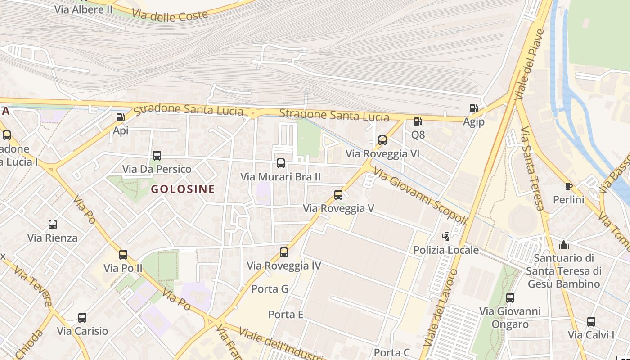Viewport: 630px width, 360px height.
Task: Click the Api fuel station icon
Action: pos(120,117)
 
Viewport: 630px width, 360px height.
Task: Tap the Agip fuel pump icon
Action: pos(473,108)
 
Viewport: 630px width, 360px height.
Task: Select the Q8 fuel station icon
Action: pos(418,121)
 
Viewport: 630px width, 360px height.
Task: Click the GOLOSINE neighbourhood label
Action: pos(183,189)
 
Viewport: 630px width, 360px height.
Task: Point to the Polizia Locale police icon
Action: pos(446,236)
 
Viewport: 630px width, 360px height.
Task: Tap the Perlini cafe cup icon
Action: pos(568,186)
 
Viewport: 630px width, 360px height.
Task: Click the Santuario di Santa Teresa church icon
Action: pos(563,245)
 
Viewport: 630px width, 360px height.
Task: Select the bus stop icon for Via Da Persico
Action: pos(157,156)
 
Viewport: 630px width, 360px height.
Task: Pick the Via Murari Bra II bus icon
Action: pos(281,163)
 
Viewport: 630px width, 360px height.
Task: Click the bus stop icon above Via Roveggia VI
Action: pos(382,140)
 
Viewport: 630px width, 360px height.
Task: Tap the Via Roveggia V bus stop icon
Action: pos(338,195)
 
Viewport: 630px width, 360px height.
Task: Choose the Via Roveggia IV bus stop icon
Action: pos(284,252)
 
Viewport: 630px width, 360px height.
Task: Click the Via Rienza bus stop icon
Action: pos(53,225)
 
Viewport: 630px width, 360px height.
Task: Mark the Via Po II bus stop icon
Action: pos(123,255)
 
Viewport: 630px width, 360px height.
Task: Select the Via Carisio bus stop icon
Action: pos(82,318)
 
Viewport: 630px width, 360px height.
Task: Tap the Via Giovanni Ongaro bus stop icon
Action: pos(510,298)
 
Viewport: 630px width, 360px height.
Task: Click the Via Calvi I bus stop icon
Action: pos(591,322)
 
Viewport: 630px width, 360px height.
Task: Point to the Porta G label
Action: pos(270,289)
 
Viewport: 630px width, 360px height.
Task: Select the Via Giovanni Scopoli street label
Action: pos(420,196)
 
